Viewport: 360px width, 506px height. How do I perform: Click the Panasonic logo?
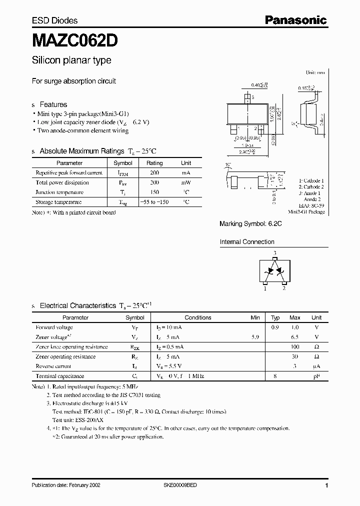[x=295, y=20]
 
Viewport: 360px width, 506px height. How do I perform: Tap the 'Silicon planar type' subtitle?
[x=71, y=60]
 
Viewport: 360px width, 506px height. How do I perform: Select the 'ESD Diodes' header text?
[x=54, y=20]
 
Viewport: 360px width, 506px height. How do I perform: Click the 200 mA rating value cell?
[x=154, y=172]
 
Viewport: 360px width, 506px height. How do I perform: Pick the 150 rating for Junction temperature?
[x=154, y=192]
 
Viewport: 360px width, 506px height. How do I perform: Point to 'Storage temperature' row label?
[x=58, y=202]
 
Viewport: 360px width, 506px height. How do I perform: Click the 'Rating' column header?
[x=154, y=163]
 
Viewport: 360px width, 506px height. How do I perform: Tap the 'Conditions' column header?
[x=198, y=317]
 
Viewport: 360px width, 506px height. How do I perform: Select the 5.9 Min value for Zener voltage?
[x=255, y=337]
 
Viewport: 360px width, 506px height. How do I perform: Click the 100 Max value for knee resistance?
[x=295, y=346]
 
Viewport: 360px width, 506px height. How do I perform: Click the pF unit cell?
[x=316, y=376]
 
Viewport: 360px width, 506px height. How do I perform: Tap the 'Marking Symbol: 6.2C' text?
[x=251, y=224]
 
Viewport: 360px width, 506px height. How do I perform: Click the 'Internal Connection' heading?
[x=247, y=242]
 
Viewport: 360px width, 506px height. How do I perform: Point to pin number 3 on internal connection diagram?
[x=274, y=253]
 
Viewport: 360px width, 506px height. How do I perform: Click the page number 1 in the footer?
[x=326, y=485]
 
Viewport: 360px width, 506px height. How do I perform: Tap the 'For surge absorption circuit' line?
[x=74, y=81]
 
